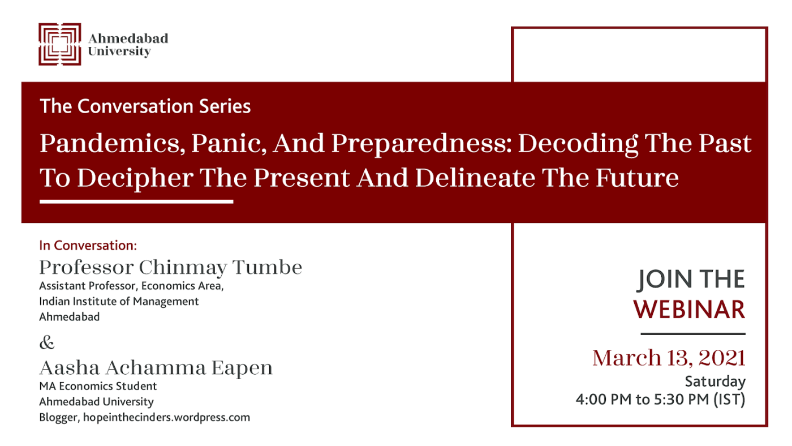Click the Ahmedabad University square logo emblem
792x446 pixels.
(60, 44)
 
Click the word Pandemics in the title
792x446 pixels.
(113, 144)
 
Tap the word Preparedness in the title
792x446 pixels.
(421, 144)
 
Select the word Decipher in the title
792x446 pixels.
(135, 178)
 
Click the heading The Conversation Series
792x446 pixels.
(145, 106)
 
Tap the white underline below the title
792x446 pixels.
(136, 201)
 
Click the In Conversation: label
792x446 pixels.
(88, 246)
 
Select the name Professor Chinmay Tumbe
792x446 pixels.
(171, 267)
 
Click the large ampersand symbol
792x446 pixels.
(47, 342)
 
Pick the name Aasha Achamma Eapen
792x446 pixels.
(156, 368)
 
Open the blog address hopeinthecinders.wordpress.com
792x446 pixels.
(166, 418)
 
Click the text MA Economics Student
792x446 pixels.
(98, 386)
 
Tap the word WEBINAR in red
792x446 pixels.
(689, 310)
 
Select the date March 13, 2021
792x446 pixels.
(669, 358)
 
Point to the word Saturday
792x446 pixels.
(715, 381)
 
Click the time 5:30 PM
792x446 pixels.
(682, 400)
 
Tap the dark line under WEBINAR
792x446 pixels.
(693, 333)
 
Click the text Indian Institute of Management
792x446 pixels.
(119, 301)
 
